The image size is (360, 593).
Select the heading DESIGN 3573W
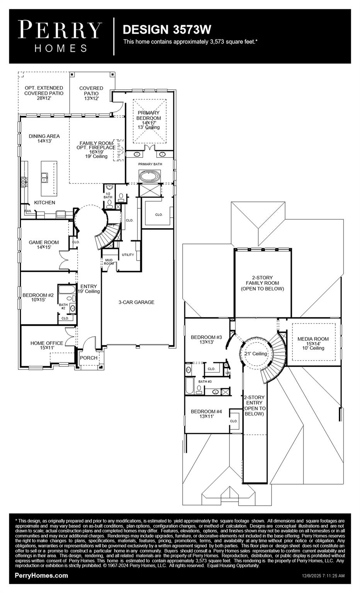click(167, 30)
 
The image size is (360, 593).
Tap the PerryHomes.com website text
click(41, 576)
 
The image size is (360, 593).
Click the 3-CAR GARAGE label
click(136, 302)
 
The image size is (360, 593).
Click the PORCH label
click(88, 358)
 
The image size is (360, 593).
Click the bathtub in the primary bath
click(149, 177)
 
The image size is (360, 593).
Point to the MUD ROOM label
click(109, 262)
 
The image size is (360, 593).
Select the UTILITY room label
click(128, 255)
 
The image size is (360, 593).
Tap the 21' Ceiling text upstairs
click(256, 354)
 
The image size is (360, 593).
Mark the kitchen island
click(49, 178)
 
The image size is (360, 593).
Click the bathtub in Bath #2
click(64, 290)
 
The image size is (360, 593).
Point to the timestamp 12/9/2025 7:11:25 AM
click(323, 576)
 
